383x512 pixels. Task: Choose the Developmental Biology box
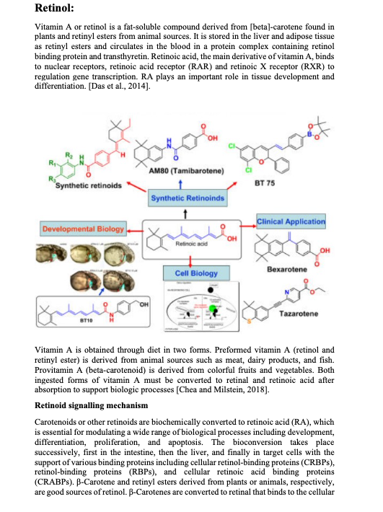84,229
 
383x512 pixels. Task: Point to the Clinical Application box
291,221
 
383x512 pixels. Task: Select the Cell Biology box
186,273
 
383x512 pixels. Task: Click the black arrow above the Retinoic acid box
186,212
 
